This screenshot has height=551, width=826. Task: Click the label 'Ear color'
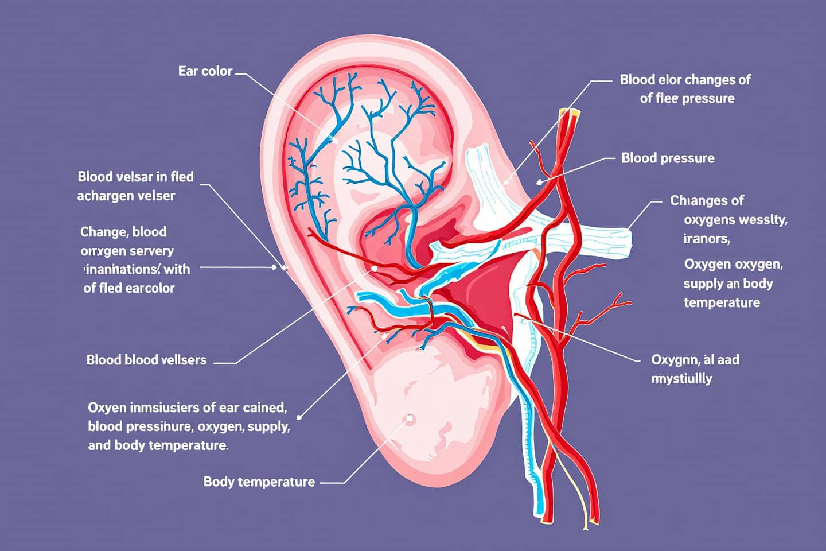205,72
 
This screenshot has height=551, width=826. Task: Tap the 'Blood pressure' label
668,158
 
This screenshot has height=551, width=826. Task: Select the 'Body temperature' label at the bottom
259,482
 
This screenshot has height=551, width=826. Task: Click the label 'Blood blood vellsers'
146,360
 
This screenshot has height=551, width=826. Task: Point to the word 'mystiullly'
681,379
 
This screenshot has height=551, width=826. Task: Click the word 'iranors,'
706,238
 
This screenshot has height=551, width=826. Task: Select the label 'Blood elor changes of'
685,80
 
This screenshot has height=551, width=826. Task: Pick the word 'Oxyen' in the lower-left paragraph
104,408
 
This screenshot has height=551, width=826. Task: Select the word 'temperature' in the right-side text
722,302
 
